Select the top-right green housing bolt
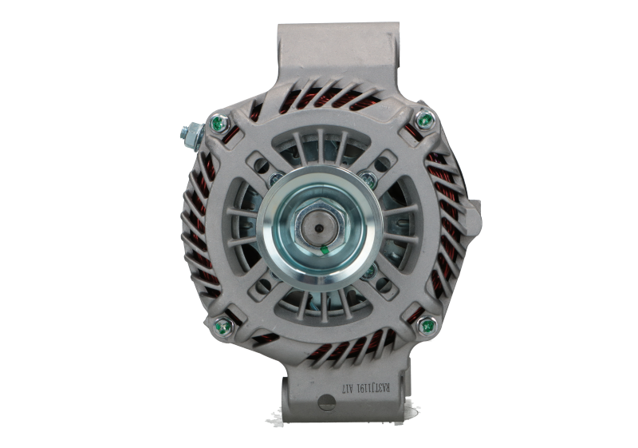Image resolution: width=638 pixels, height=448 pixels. (x=424, y=121)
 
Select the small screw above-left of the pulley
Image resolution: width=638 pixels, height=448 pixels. (x=273, y=178)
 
